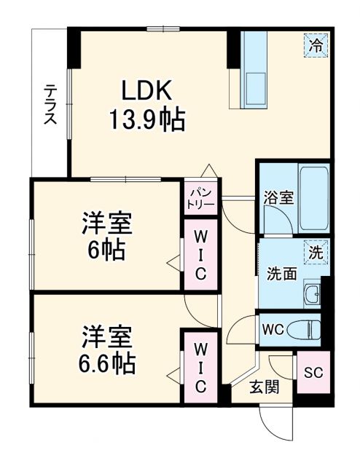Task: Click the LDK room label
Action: pos(146,91)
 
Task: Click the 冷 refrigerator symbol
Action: pos(316,45)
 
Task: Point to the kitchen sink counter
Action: pos(254,70)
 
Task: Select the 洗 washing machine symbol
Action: pos(316,252)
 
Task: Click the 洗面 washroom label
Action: pos(280,274)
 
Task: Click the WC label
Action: pos(272,329)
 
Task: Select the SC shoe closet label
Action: pos(312,372)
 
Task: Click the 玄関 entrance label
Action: pos(264,387)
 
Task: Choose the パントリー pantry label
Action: pos(202,197)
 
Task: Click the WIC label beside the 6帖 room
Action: pos(200,254)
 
